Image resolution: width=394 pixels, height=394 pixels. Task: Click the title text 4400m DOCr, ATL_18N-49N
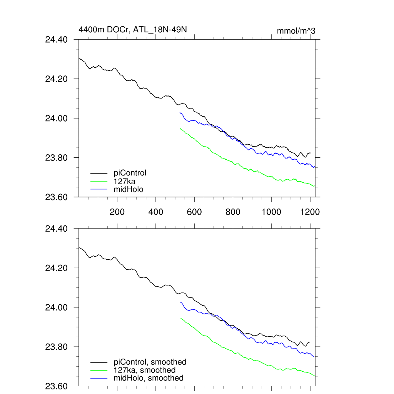click(x=133, y=29)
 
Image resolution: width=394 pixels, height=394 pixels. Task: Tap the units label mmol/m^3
click(x=296, y=31)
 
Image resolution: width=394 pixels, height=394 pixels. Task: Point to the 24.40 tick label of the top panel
click(x=57, y=40)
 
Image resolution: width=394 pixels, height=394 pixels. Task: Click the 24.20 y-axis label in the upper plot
click(x=57, y=79)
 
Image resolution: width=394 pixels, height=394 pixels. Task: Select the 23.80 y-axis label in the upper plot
click(x=57, y=158)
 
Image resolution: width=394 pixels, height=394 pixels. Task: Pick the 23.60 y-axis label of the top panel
click(x=57, y=197)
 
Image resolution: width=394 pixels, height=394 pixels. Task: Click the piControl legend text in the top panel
click(x=130, y=173)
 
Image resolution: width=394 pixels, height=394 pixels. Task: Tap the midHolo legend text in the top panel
click(x=129, y=189)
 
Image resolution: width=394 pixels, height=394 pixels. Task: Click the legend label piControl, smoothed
click(x=150, y=362)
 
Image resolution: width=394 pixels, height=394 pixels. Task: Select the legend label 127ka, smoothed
click(x=145, y=370)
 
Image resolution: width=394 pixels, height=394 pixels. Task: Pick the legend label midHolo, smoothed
click(x=149, y=378)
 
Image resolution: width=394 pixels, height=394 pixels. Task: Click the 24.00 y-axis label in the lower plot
click(x=57, y=307)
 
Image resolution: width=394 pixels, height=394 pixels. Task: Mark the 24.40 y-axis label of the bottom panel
click(x=57, y=229)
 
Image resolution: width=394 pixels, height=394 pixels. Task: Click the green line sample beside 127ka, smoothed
click(x=99, y=371)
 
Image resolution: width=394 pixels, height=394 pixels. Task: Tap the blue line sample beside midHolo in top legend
click(x=99, y=189)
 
